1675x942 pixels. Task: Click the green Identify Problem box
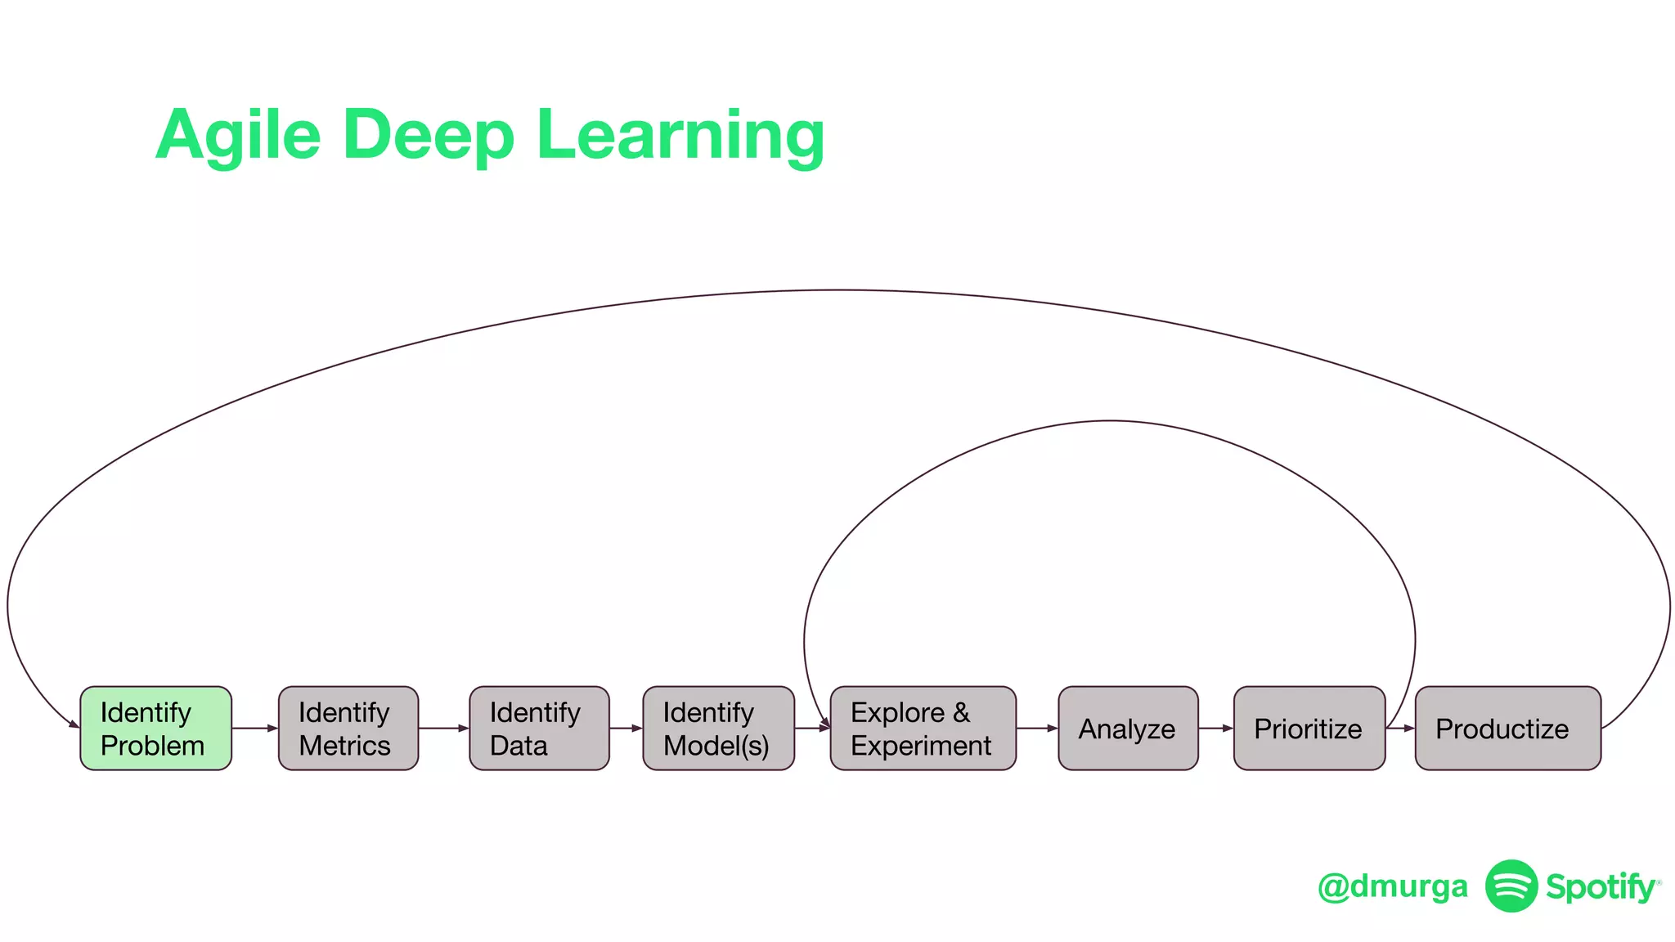point(155,728)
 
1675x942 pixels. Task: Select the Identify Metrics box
point(348,728)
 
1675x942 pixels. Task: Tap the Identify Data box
point(539,728)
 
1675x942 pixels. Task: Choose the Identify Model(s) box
point(718,728)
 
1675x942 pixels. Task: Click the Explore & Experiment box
point(923,728)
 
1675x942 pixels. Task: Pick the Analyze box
point(1128,728)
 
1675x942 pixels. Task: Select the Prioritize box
point(1309,728)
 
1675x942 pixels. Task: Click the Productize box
point(1507,728)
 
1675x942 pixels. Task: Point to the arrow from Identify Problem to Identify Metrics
point(255,728)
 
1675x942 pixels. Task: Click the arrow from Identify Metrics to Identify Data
point(444,728)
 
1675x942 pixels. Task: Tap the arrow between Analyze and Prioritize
point(1216,728)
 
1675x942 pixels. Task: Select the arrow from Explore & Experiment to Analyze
point(1037,728)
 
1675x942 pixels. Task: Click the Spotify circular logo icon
point(1511,886)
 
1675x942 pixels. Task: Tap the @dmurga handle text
point(1392,886)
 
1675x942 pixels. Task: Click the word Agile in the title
point(237,135)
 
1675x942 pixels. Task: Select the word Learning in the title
point(680,135)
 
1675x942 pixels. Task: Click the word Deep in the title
point(429,135)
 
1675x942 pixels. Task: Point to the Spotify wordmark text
point(1601,886)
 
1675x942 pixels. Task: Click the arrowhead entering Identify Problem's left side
point(74,724)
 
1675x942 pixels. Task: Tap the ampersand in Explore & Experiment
point(961,712)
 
